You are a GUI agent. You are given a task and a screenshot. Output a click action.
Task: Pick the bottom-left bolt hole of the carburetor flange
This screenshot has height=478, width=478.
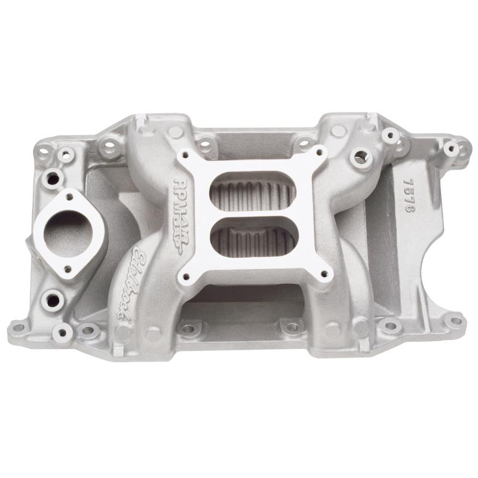click(x=186, y=277)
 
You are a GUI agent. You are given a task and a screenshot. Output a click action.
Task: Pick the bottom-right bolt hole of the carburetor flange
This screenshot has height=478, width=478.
click(x=326, y=274)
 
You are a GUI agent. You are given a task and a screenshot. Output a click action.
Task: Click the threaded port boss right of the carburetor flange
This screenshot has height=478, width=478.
click(x=360, y=157)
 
